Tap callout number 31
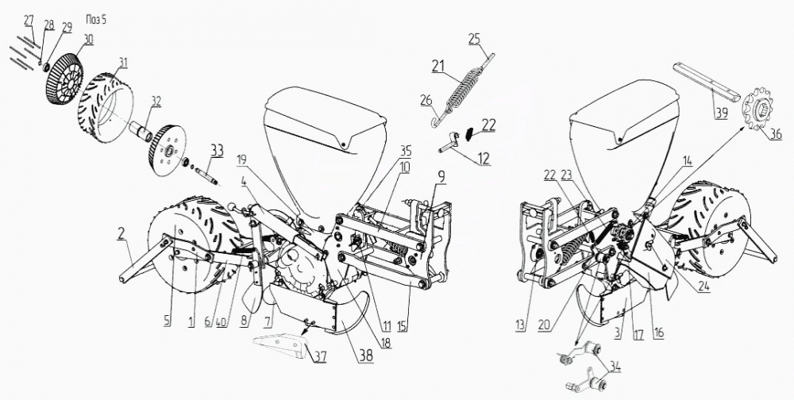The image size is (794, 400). [x=123, y=62]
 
